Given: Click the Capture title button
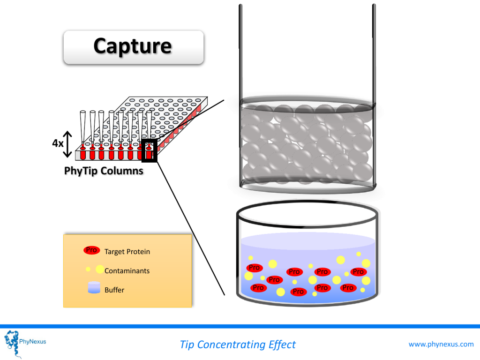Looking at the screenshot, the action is (x=134, y=47).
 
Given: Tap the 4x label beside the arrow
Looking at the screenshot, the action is (x=58, y=143).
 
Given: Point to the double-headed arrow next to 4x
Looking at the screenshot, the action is (x=67, y=144).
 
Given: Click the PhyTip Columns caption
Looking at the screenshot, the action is (x=104, y=171).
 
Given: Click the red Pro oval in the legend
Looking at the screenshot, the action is (x=91, y=250).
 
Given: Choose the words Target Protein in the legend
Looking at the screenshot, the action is (x=127, y=252).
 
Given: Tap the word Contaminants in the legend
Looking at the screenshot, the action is (x=127, y=271).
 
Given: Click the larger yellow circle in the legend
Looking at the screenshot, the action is (x=100, y=270).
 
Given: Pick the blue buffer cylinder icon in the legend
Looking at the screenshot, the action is (x=94, y=288).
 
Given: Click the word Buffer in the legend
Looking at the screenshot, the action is (x=114, y=290).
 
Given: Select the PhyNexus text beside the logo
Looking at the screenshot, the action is (x=32, y=342).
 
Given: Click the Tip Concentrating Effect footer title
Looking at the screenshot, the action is (x=238, y=345).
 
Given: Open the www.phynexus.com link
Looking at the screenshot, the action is (x=441, y=345).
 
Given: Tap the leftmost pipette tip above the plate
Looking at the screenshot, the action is (x=82, y=128).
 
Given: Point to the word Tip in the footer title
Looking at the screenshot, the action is (x=187, y=345).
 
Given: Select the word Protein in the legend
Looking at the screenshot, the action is (x=138, y=252).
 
